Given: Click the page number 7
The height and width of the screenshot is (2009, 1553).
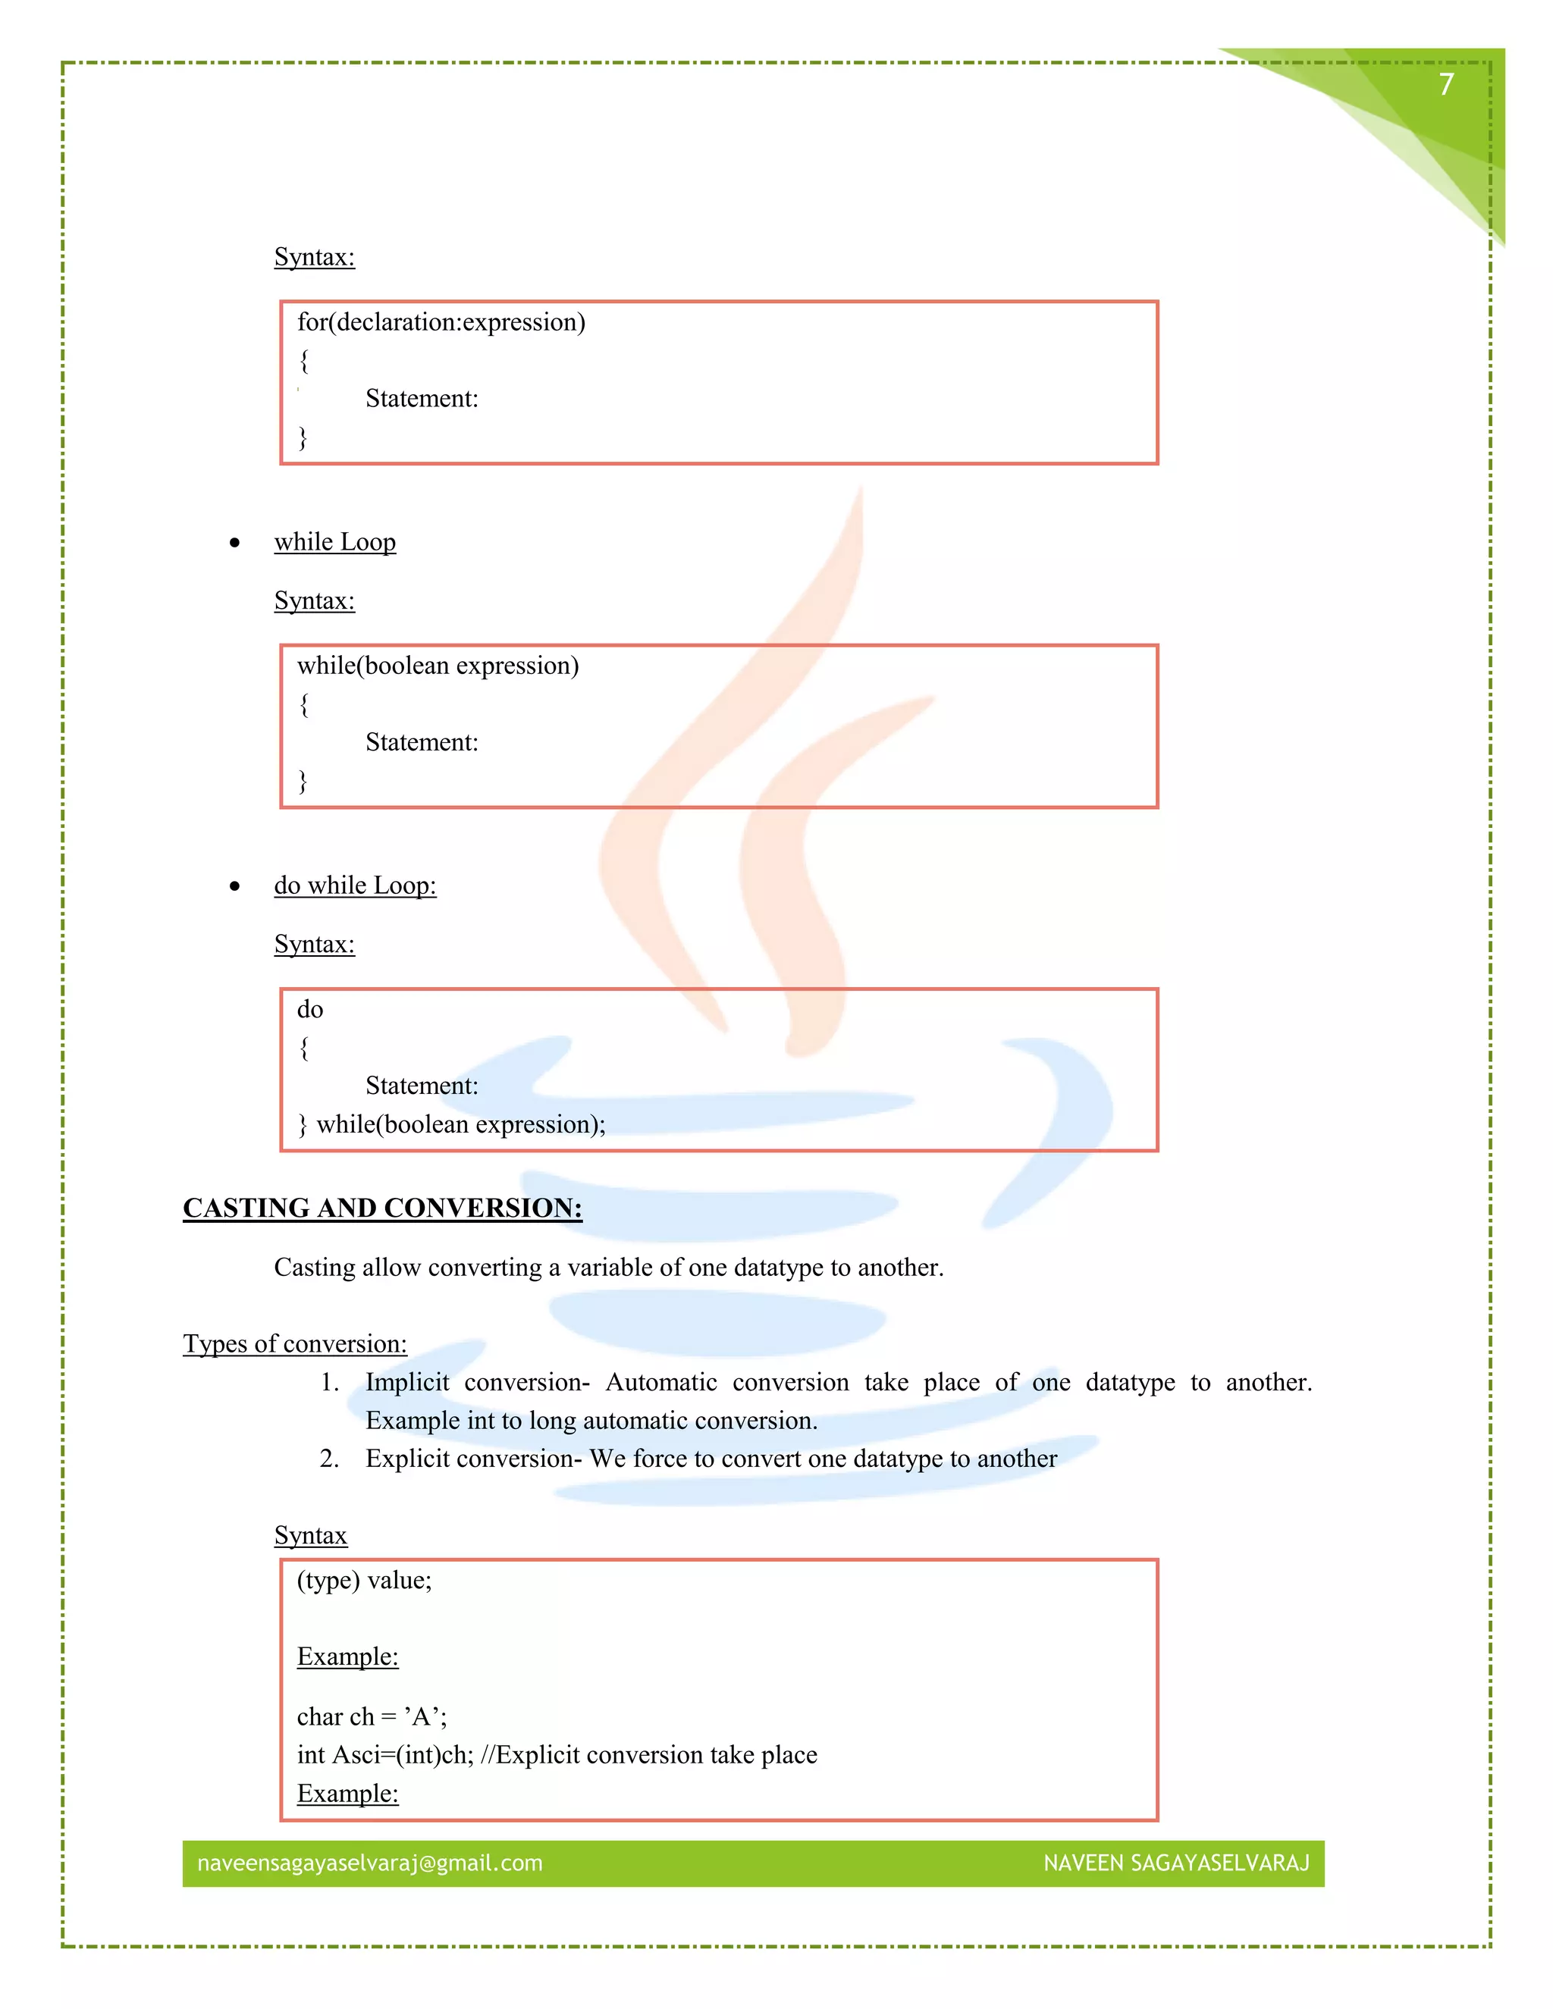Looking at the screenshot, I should (x=1446, y=85).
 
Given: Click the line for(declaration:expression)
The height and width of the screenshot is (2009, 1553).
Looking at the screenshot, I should (x=441, y=322).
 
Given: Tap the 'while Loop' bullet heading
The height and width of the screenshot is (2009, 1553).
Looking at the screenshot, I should (x=335, y=542).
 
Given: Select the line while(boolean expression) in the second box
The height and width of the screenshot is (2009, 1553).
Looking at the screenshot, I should (x=438, y=665).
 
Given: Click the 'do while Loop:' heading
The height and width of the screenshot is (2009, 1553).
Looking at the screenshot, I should (x=355, y=885).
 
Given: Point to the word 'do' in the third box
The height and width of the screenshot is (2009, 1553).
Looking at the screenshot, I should (x=310, y=1009).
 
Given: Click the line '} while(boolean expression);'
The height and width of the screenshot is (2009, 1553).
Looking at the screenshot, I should (x=452, y=1124).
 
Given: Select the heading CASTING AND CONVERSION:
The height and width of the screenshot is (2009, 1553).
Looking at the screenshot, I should (x=383, y=1208).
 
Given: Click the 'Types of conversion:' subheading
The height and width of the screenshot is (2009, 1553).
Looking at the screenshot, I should (x=294, y=1344).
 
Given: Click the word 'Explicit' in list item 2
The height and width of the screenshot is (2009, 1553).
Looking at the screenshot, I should (x=407, y=1458).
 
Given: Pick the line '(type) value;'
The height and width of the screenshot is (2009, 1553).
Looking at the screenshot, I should (x=364, y=1581).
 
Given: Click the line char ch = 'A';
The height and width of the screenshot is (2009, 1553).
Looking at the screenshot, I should (x=372, y=1716).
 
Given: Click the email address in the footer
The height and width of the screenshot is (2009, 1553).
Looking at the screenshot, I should (x=370, y=1863).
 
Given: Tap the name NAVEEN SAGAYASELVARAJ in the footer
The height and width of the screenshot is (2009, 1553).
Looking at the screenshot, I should (x=1176, y=1863).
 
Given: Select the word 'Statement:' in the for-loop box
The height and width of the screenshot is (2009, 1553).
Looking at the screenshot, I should (x=422, y=398).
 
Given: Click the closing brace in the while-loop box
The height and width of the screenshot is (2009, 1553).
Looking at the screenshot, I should (x=303, y=781).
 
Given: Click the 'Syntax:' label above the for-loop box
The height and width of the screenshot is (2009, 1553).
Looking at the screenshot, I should (x=315, y=257).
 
